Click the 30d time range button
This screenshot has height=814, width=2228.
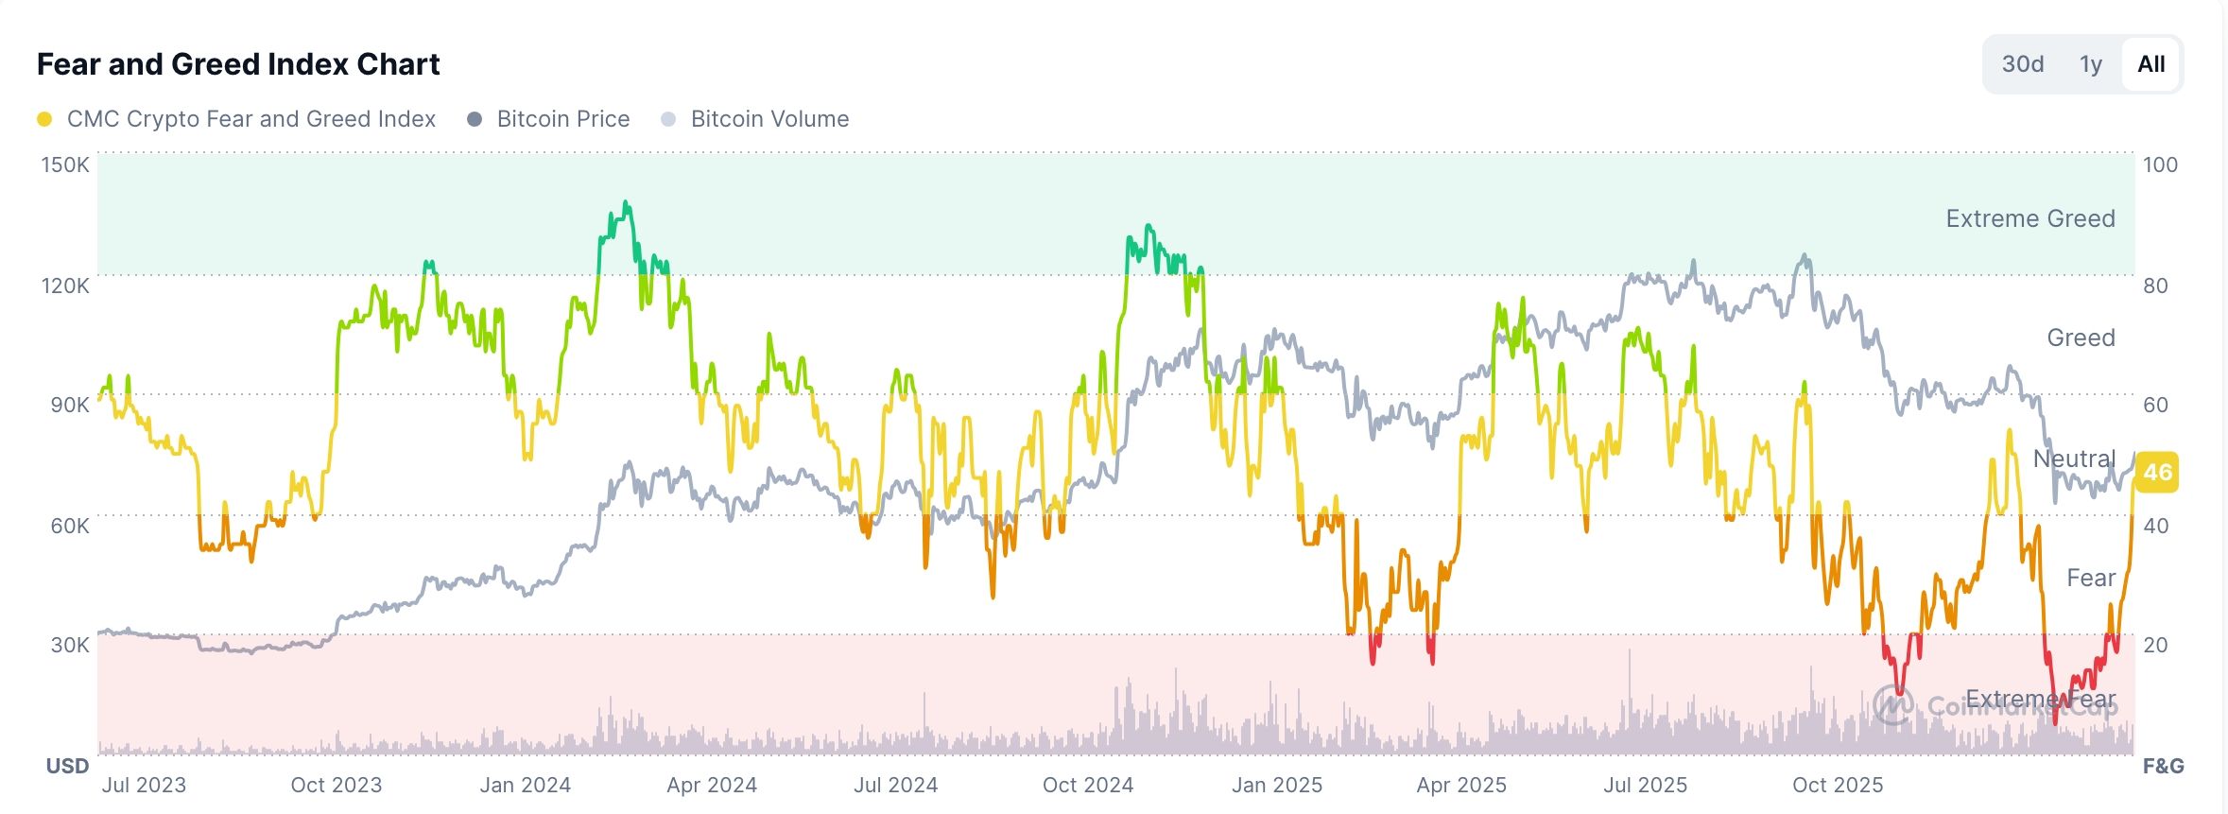click(2022, 64)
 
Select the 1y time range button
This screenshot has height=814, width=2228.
click(2090, 64)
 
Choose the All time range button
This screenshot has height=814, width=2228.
click(2150, 64)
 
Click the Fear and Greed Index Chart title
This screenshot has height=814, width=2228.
click(238, 64)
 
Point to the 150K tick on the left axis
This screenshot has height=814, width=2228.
click(64, 165)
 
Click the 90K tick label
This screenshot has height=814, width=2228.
click(69, 406)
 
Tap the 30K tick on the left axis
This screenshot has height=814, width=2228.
click(69, 645)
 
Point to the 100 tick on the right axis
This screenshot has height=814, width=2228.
click(2159, 165)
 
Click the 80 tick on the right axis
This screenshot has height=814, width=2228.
click(2155, 286)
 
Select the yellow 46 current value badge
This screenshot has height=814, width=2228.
click(2157, 472)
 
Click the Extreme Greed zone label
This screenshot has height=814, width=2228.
click(2029, 218)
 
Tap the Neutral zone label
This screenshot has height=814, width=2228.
click(2074, 459)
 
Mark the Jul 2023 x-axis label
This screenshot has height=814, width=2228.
click(144, 786)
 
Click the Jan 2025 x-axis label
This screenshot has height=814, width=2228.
click(1276, 786)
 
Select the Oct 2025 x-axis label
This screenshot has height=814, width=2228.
click(1837, 786)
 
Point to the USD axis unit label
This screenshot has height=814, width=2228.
click(67, 766)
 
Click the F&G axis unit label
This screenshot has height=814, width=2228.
click(2162, 766)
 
